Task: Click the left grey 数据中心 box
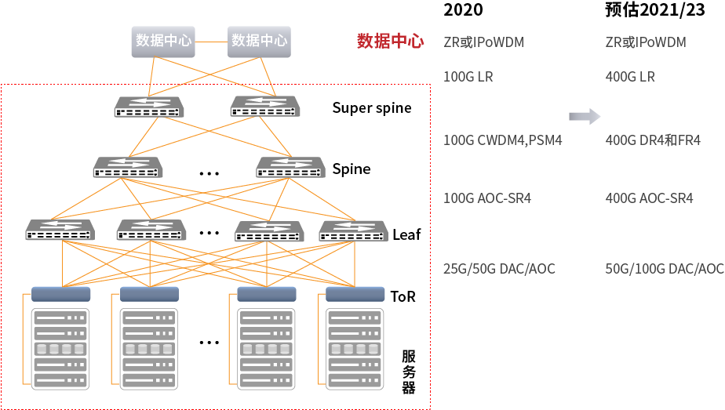pos(163,41)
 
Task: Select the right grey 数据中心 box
pos(260,41)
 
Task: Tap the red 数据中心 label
pos(390,42)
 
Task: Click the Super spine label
pos(371,108)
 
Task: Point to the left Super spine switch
pos(148,107)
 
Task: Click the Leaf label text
pos(406,234)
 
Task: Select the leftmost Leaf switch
pos(60,230)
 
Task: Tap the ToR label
pos(403,296)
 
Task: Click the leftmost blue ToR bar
pos(61,294)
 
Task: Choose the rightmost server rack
pos(355,347)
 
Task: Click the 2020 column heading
pos(463,10)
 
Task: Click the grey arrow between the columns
pos(584,117)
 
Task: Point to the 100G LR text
pos(468,77)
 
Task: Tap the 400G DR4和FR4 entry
pos(653,141)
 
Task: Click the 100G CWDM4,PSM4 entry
pos(502,141)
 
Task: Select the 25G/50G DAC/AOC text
pos(499,269)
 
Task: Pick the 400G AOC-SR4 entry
pos(650,198)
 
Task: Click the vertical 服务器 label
pos(409,372)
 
